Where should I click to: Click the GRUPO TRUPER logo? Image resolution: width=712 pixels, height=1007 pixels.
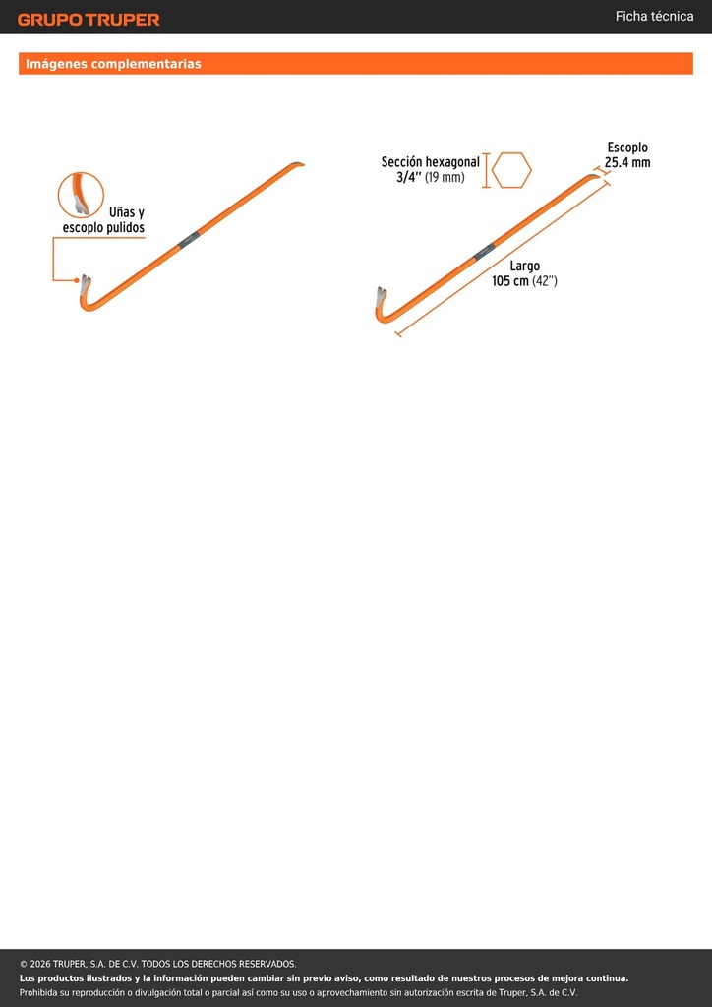(89, 20)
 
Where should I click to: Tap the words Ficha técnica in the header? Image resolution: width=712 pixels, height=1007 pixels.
(654, 17)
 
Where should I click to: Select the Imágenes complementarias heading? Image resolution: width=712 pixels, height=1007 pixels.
(113, 64)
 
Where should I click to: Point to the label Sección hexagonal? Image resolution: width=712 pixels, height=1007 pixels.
(430, 162)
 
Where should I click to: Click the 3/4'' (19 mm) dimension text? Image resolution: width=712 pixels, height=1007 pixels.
(430, 177)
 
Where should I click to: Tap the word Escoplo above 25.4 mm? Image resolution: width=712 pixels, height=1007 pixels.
(627, 148)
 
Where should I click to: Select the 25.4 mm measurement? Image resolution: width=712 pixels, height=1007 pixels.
(627, 162)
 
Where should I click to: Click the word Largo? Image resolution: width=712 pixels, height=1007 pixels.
(524, 266)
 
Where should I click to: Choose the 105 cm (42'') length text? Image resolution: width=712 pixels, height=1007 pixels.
(524, 280)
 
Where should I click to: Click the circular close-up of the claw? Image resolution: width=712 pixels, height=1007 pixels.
(81, 196)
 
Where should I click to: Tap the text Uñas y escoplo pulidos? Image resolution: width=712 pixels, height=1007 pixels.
(103, 219)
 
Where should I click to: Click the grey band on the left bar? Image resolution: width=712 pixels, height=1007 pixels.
(189, 240)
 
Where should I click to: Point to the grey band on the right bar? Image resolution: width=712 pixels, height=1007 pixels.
(485, 251)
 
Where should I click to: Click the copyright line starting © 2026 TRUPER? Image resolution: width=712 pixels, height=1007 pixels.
(158, 964)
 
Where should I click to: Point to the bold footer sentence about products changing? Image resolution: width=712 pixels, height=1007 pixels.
(324, 978)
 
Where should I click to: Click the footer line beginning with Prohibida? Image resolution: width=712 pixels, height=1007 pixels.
(299, 993)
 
